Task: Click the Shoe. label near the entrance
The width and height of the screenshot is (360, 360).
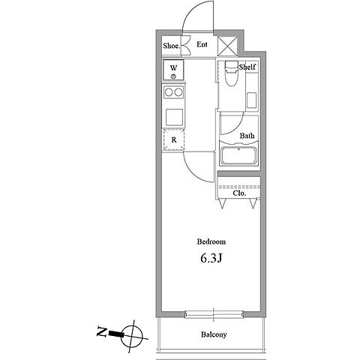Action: (x=172, y=46)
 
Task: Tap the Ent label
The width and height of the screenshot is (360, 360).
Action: (x=202, y=44)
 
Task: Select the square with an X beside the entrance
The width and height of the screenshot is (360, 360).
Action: (x=227, y=46)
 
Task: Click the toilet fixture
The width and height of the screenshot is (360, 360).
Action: (x=231, y=73)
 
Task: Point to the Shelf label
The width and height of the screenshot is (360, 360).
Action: (x=247, y=67)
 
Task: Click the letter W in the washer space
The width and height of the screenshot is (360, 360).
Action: (x=173, y=67)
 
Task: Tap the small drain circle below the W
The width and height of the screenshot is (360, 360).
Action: (x=173, y=76)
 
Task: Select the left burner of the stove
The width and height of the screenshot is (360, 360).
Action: (x=169, y=92)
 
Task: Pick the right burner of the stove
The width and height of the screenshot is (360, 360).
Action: (x=178, y=92)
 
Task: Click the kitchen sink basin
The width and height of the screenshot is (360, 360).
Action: (x=174, y=117)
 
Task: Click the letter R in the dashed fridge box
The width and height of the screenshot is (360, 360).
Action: (x=174, y=139)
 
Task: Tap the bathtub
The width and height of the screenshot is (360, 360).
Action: (x=238, y=155)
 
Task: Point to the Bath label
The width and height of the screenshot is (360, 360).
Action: (x=247, y=136)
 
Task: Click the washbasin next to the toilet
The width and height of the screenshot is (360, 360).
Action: (x=251, y=100)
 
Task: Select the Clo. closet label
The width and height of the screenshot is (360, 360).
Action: (x=239, y=193)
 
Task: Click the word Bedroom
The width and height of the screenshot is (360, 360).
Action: (x=211, y=241)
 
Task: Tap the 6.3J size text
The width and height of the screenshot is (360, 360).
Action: (x=211, y=259)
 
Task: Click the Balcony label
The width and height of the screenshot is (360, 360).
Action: (x=214, y=334)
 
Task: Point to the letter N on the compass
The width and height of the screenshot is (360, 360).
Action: (x=101, y=331)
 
